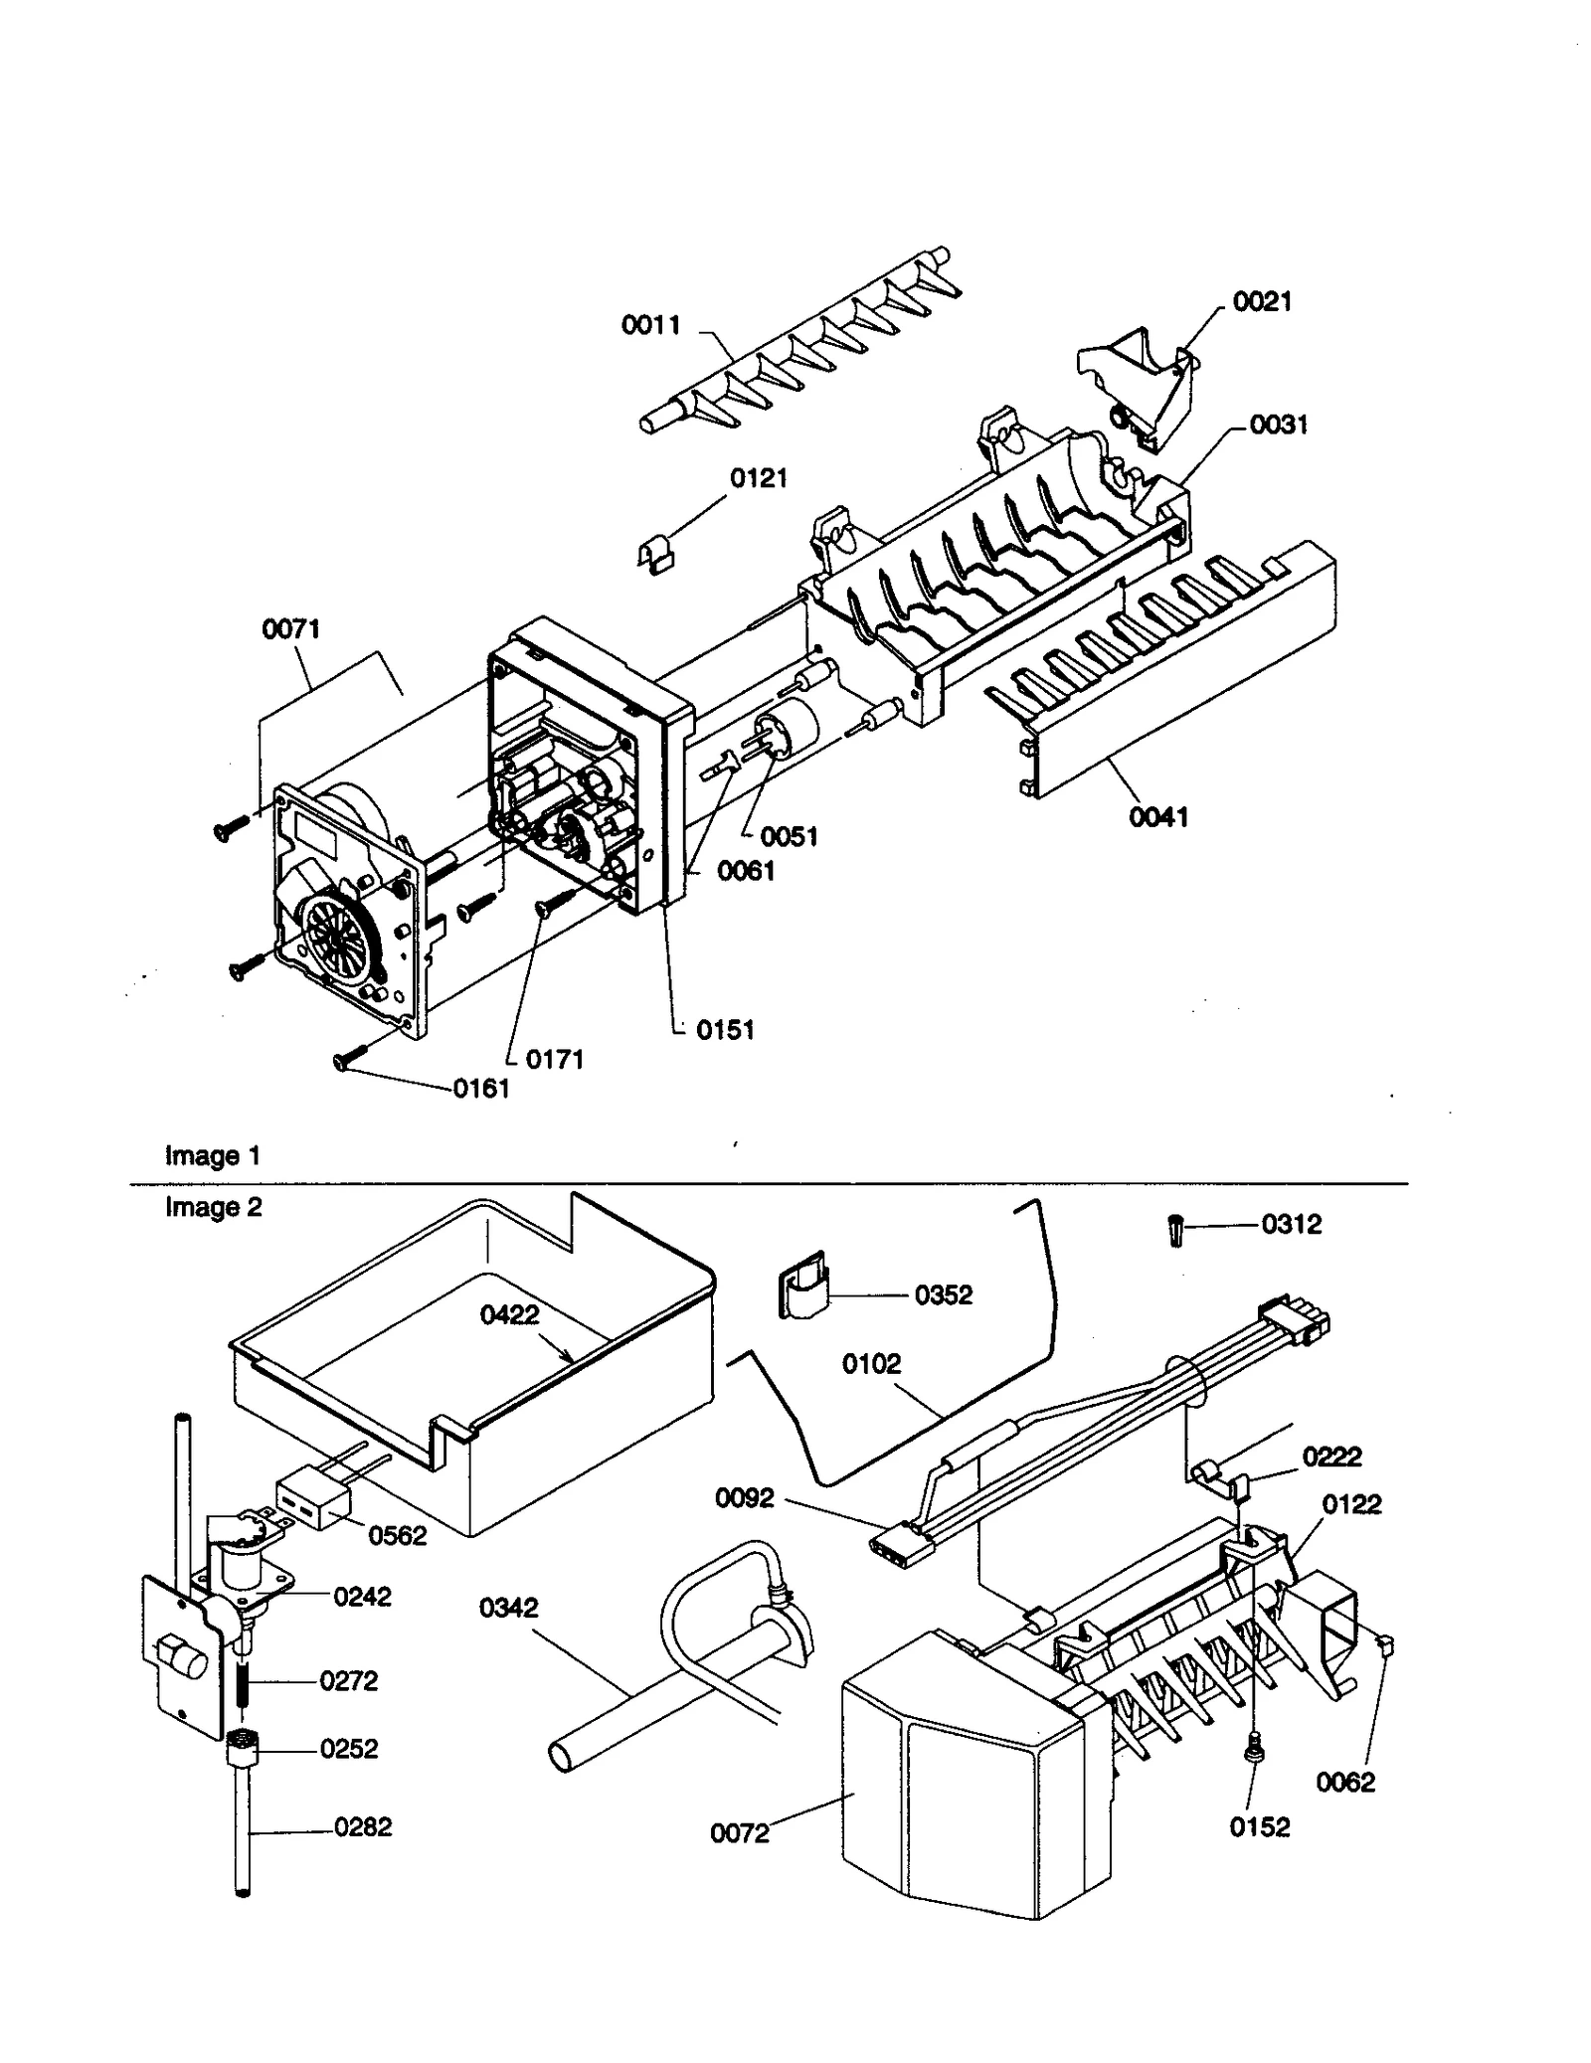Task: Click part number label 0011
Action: (x=650, y=325)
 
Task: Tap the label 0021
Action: (x=1262, y=301)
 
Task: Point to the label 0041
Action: (x=1158, y=817)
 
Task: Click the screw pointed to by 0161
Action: (x=351, y=1059)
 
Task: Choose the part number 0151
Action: (x=725, y=1030)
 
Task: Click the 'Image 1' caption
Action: (x=212, y=1155)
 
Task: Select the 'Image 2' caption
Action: (x=213, y=1207)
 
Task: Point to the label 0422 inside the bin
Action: (x=509, y=1314)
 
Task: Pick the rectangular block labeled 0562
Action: (x=312, y=1502)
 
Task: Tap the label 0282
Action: (x=363, y=1826)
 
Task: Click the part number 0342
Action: (x=508, y=1608)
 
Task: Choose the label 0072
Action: (x=740, y=1833)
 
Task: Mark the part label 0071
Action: (x=290, y=629)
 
